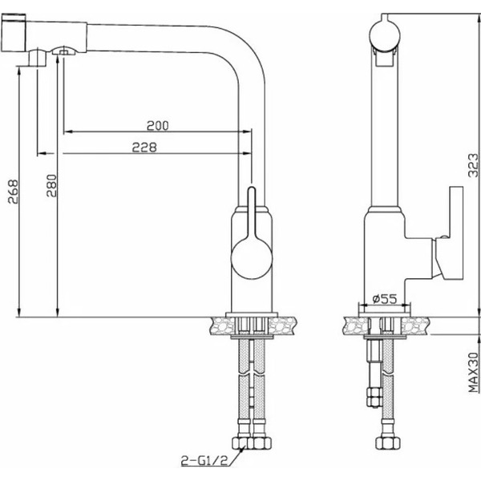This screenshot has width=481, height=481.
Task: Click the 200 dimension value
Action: click(157, 126)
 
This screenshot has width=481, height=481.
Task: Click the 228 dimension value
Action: click(145, 147)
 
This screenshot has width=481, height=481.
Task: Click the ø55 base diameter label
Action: click(386, 299)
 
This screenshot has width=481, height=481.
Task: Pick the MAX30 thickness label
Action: click(473, 372)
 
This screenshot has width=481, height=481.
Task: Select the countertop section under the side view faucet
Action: click(384, 325)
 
